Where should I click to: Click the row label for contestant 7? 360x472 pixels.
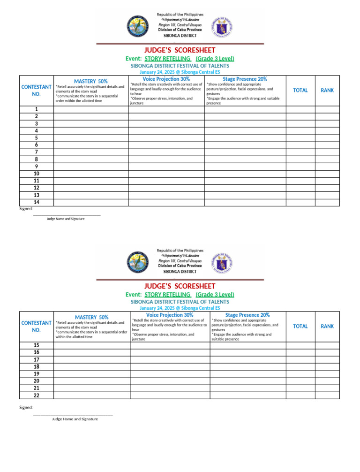tap(36, 152)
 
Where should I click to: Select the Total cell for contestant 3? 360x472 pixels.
tap(300, 123)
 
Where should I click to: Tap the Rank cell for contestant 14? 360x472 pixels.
tap(327, 202)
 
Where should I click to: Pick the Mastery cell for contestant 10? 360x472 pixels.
tap(91, 174)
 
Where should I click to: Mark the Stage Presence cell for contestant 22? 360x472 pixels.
tap(247, 396)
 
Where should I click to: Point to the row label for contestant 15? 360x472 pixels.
tap(36, 345)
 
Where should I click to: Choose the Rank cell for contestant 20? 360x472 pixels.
tap(327, 381)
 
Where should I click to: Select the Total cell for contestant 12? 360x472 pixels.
tap(300, 188)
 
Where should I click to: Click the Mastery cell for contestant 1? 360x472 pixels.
tap(91, 109)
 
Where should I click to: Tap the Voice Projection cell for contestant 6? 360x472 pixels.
tap(166, 145)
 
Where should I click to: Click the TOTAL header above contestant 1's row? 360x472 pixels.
tap(300, 90)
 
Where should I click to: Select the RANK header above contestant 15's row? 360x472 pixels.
tap(327, 326)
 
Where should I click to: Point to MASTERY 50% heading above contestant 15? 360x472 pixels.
tap(91, 317)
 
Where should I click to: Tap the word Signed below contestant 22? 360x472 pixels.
tap(26, 408)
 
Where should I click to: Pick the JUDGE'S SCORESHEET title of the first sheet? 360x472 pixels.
tap(180, 50)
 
